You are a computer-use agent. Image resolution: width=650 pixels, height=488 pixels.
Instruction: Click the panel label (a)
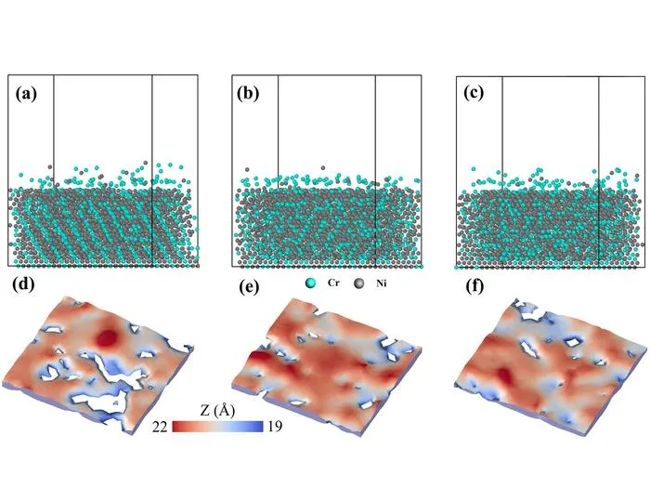[26, 94]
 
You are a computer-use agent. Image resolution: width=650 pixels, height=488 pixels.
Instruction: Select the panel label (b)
[248, 94]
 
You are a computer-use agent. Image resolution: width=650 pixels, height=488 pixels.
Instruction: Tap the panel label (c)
[474, 93]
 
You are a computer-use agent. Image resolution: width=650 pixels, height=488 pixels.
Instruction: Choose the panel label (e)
[249, 286]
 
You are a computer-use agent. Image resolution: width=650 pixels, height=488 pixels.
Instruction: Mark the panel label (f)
[475, 286]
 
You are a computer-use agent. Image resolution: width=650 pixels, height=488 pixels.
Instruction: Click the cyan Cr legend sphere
[310, 284]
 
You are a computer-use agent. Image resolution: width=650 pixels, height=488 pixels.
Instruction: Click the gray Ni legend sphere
[359, 284]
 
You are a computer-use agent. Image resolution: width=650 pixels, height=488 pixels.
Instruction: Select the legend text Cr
[333, 283]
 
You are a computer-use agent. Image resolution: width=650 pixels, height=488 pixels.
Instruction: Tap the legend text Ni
[382, 284]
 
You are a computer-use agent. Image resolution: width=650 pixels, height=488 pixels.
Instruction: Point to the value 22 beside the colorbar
[160, 427]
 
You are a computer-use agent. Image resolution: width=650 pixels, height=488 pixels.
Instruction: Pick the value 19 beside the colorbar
[274, 426]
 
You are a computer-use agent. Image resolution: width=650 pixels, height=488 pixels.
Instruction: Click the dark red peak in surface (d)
[108, 337]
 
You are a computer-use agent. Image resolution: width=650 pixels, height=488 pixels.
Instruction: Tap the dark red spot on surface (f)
[504, 376]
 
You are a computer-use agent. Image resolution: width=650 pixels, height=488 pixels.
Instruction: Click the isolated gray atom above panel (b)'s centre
[323, 167]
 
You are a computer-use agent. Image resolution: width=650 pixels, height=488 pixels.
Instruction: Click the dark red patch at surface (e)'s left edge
[258, 357]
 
